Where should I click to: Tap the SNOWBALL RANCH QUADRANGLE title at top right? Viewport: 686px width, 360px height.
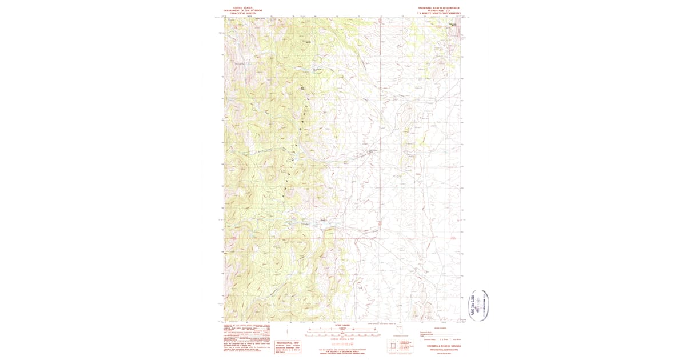438,7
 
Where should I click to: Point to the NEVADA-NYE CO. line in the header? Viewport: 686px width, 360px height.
438,10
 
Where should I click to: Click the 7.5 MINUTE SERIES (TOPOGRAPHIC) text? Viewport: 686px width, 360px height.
438,13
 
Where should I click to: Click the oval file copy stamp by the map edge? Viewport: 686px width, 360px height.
480,305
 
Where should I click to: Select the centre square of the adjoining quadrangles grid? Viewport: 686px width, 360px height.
393,346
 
